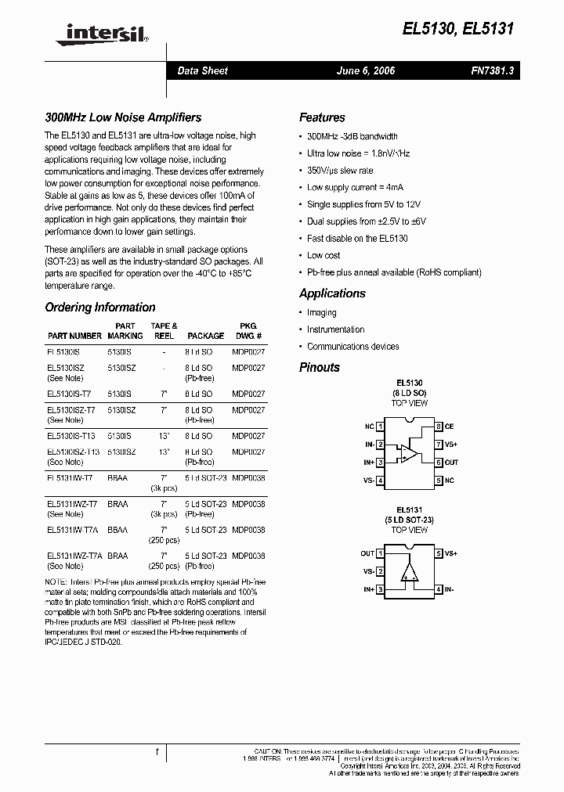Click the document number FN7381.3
(x=492, y=70)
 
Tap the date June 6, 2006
(x=365, y=70)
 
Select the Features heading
(x=322, y=117)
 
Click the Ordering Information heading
(x=99, y=308)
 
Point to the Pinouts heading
(x=320, y=367)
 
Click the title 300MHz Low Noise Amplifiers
(x=123, y=117)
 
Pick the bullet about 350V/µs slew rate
(x=340, y=170)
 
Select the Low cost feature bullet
(x=324, y=255)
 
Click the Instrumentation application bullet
(x=335, y=329)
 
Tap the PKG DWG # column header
(x=248, y=330)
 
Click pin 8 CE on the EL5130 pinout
(x=444, y=427)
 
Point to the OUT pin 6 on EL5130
(x=446, y=463)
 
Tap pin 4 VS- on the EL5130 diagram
(x=373, y=481)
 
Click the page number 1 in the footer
(x=157, y=752)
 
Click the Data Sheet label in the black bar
(x=202, y=70)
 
